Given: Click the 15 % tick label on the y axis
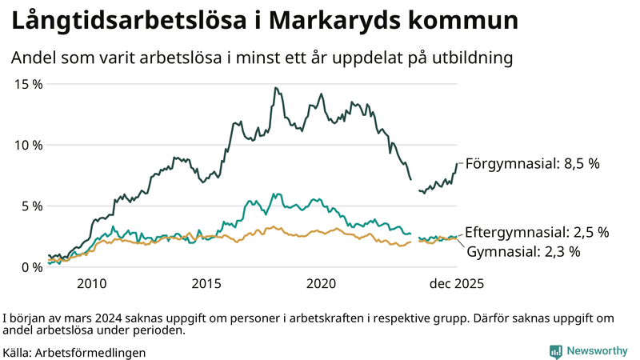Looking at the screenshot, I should pos(27,84).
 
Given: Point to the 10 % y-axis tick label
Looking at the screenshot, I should pos(27,145).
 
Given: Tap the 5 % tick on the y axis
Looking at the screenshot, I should pos(30,206).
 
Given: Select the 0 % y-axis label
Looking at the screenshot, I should pos(30,267).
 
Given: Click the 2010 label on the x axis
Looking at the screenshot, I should pos(91,284).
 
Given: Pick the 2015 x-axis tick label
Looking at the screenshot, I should pos(206,284).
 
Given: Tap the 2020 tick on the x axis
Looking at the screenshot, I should pos(322,284).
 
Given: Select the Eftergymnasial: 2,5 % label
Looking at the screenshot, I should pos(537,232).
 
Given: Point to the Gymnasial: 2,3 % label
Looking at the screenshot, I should pos(522,251).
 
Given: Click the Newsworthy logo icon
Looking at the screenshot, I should pos(555,351).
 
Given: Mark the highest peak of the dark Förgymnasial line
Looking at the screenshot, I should pos(275,88).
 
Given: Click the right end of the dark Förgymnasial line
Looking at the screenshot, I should pos(458,164).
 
